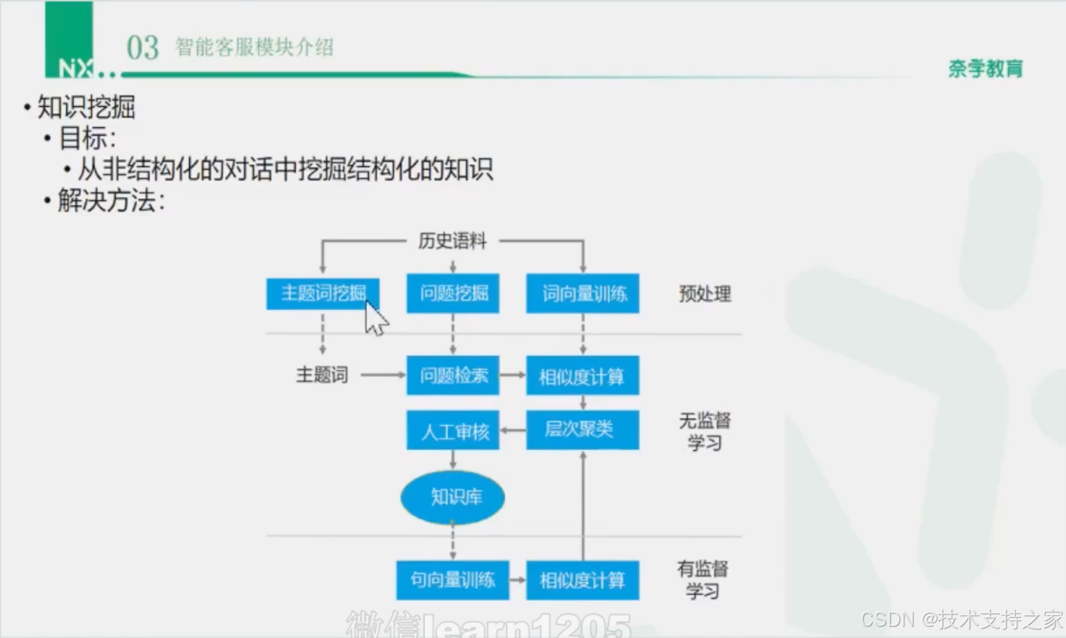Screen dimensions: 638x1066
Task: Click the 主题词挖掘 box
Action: (x=322, y=293)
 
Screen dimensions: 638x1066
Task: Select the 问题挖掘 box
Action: (x=453, y=293)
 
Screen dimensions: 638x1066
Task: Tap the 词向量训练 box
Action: (x=583, y=293)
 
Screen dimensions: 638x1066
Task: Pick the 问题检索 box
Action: (x=453, y=376)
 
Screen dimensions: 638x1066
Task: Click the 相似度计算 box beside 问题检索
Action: (x=583, y=376)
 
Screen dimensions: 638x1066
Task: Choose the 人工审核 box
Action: (x=453, y=431)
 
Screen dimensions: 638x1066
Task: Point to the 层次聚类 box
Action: (x=583, y=429)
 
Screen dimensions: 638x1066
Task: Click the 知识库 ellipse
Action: (x=453, y=497)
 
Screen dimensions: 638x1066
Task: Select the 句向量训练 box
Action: (x=453, y=580)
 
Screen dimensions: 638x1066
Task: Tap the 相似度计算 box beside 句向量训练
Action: (x=583, y=580)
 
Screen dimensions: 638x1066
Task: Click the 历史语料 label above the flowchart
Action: (x=452, y=242)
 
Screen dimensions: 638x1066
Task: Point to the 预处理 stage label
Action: (x=705, y=294)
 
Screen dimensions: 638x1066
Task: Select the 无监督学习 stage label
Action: (x=705, y=431)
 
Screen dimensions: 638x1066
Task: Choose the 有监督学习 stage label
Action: (x=703, y=580)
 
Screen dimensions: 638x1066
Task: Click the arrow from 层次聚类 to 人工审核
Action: (x=513, y=430)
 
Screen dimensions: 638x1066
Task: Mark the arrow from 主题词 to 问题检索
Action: (x=382, y=376)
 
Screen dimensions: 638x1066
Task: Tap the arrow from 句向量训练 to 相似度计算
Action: (x=517, y=580)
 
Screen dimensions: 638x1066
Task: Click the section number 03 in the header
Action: (x=142, y=48)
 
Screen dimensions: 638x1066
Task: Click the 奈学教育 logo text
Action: (x=985, y=68)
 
